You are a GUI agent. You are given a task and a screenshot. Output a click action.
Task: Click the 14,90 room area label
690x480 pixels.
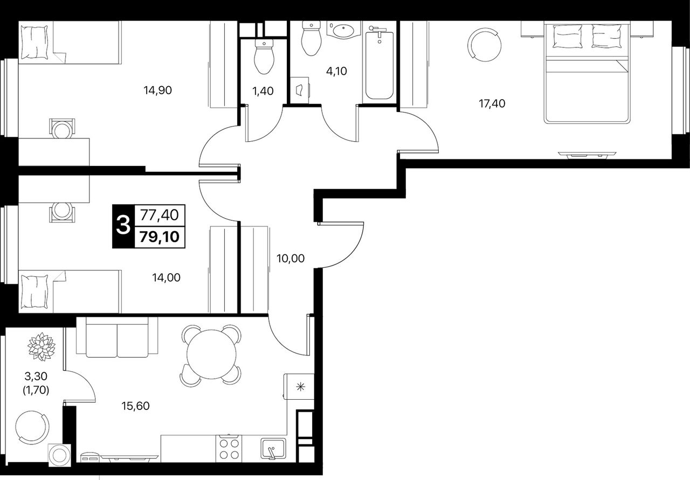(x=157, y=91)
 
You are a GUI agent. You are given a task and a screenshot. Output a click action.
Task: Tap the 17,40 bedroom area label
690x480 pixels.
(x=492, y=104)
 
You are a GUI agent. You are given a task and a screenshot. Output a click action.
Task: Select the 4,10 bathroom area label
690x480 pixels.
(x=336, y=72)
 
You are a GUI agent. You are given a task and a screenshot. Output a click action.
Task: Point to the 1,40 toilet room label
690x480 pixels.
(x=263, y=91)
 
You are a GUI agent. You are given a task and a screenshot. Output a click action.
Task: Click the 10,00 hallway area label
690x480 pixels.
(x=291, y=259)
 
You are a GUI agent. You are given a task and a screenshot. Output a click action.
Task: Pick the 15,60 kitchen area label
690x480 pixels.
(x=135, y=406)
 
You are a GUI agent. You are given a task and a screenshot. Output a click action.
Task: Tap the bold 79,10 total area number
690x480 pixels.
(x=160, y=236)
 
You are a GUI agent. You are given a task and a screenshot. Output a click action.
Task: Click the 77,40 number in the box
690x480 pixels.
(x=160, y=215)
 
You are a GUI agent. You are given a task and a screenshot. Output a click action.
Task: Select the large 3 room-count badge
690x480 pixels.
(x=123, y=226)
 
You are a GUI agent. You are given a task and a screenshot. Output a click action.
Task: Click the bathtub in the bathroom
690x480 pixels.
(x=379, y=65)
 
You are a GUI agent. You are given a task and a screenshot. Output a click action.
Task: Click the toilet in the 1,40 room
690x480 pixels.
(x=264, y=57)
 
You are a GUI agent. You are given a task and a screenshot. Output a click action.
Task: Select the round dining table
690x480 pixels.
(x=211, y=354)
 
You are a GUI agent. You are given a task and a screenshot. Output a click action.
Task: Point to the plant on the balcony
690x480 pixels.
(x=42, y=346)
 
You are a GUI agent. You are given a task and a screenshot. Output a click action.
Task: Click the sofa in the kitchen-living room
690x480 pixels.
(x=117, y=337)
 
